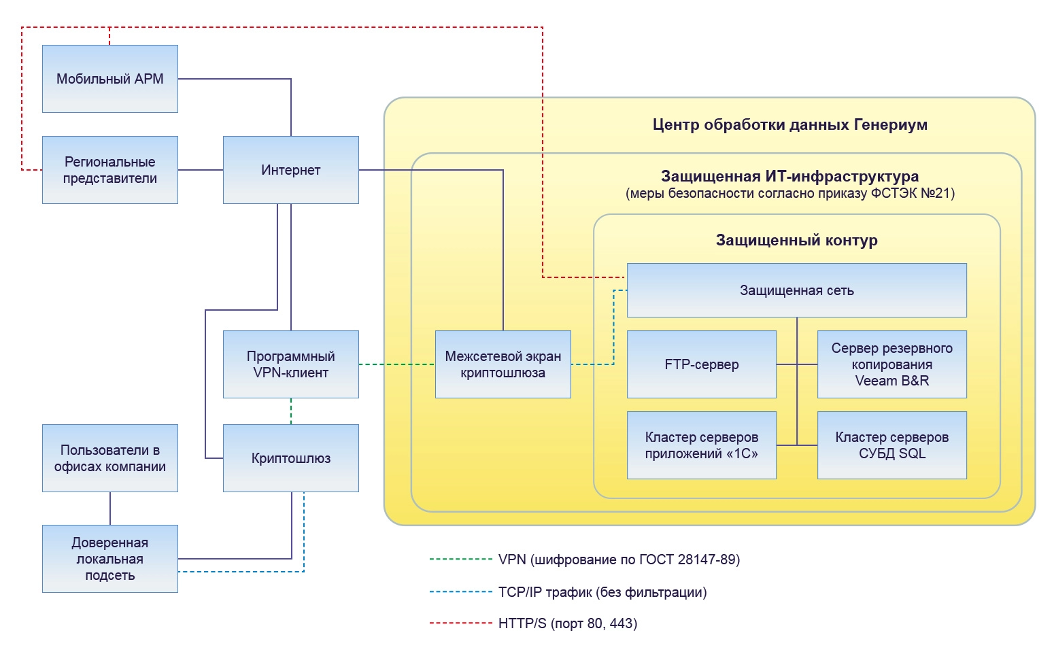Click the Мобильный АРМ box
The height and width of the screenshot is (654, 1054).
click(110, 79)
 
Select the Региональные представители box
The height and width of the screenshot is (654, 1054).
click(110, 170)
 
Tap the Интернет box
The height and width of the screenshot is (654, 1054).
click(291, 170)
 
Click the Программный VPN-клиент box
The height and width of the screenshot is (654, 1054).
click(291, 364)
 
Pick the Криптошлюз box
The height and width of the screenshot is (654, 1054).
click(291, 458)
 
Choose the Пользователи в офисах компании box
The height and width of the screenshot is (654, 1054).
click(110, 458)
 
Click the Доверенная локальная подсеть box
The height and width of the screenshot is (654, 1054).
click(110, 559)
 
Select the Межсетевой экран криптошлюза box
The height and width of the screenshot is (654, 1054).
click(503, 364)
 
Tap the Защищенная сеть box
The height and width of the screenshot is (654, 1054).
click(797, 290)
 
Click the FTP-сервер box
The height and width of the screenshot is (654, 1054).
click(702, 364)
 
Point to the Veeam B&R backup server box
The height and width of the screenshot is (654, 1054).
click(892, 364)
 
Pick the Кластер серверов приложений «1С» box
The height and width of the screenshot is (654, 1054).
click(702, 445)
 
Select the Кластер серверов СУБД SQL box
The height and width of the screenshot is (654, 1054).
click(892, 445)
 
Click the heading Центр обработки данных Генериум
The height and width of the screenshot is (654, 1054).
click(790, 125)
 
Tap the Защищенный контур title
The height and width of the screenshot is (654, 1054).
click(797, 241)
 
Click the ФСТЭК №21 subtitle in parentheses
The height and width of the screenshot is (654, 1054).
click(790, 194)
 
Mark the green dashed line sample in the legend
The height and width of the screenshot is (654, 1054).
click(460, 560)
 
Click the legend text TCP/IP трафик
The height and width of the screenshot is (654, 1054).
click(602, 592)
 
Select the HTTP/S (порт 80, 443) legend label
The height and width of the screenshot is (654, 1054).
click(568, 623)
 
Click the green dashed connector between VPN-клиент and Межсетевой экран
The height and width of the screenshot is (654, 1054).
click(397, 364)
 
